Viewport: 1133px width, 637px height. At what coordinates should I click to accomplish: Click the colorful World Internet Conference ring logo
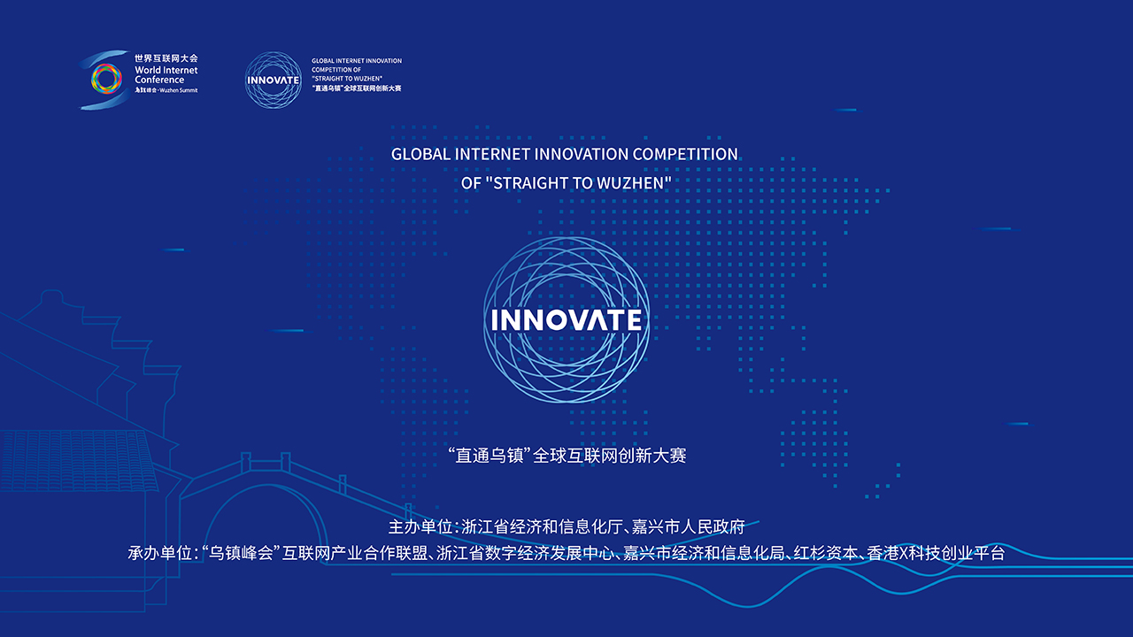106,79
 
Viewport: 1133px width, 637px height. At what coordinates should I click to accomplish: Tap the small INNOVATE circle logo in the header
274,80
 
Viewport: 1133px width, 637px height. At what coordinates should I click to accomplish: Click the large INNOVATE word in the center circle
566,320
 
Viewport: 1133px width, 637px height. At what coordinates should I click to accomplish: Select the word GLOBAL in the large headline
420,154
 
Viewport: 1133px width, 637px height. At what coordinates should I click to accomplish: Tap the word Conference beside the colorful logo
159,80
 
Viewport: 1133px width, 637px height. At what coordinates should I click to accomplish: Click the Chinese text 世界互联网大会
166,58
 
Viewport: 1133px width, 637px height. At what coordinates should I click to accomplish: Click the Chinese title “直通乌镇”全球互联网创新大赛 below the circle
567,456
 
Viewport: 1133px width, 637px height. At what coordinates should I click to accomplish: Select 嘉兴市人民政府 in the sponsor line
689,527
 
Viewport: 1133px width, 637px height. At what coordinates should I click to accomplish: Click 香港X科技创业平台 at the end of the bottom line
936,553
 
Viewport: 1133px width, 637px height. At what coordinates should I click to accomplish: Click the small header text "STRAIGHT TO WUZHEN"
347,79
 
